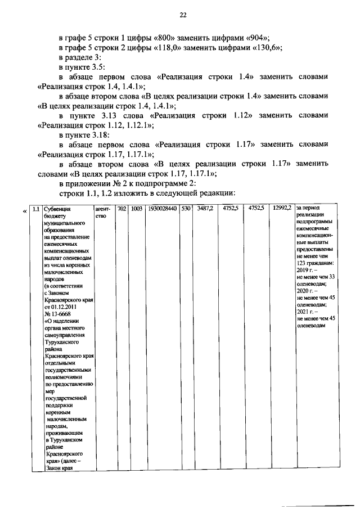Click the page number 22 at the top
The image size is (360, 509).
pos(183,15)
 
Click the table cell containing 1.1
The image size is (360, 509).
pos(37,209)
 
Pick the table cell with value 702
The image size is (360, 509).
pos(121,209)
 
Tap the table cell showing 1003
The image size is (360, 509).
pos(136,209)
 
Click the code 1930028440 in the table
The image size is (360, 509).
pos(162,209)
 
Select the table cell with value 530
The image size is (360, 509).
pos(185,209)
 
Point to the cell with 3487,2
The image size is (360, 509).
pos(205,209)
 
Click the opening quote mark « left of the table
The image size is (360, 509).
pos(24,211)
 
